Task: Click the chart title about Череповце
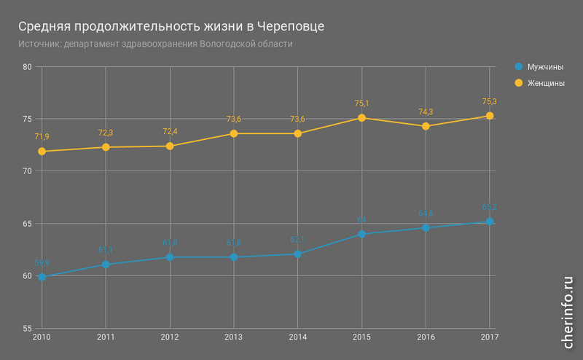click(171, 26)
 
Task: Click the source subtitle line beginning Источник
click(155, 44)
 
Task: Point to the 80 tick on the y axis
click(28, 67)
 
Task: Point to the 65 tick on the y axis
click(28, 224)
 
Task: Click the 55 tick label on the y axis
click(28, 329)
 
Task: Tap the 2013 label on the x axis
click(233, 337)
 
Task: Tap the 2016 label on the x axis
click(426, 337)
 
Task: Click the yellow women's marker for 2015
click(361, 117)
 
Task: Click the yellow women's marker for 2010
click(42, 152)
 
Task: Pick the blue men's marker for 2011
click(106, 265)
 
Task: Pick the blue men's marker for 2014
click(298, 254)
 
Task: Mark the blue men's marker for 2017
click(490, 222)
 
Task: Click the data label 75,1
click(361, 103)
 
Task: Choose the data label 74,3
click(426, 111)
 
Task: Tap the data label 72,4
click(170, 131)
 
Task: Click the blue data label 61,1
click(106, 250)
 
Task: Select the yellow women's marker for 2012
click(170, 146)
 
